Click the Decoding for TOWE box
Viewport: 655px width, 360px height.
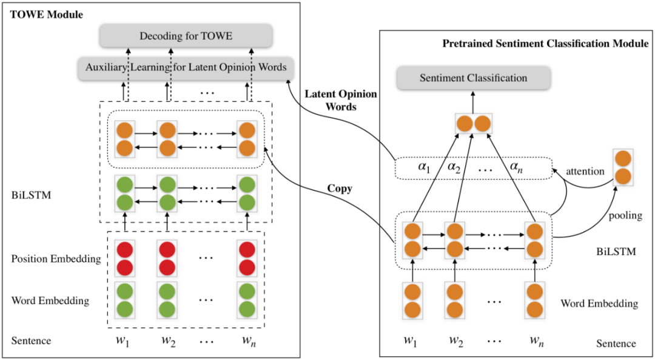pos(186,37)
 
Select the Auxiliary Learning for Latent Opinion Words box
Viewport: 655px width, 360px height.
pos(183,67)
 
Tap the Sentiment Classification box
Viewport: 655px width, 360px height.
pos(474,78)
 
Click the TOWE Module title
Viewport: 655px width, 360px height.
pos(47,14)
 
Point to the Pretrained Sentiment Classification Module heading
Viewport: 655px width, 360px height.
pos(545,44)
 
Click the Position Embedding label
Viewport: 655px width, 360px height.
pos(56,259)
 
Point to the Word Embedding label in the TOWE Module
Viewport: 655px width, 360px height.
pos(50,301)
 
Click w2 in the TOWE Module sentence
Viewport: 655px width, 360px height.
pos(167,340)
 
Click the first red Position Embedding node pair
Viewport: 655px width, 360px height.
pos(125,259)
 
